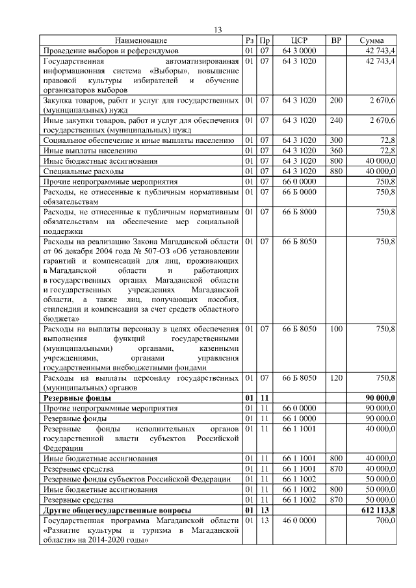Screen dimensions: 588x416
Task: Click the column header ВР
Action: [x=336, y=40]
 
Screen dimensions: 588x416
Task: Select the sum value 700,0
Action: [x=385, y=520]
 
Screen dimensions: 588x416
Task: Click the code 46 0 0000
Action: [x=300, y=520]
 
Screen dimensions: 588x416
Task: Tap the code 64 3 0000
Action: [x=300, y=50]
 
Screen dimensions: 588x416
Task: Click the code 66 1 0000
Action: [x=300, y=418]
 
